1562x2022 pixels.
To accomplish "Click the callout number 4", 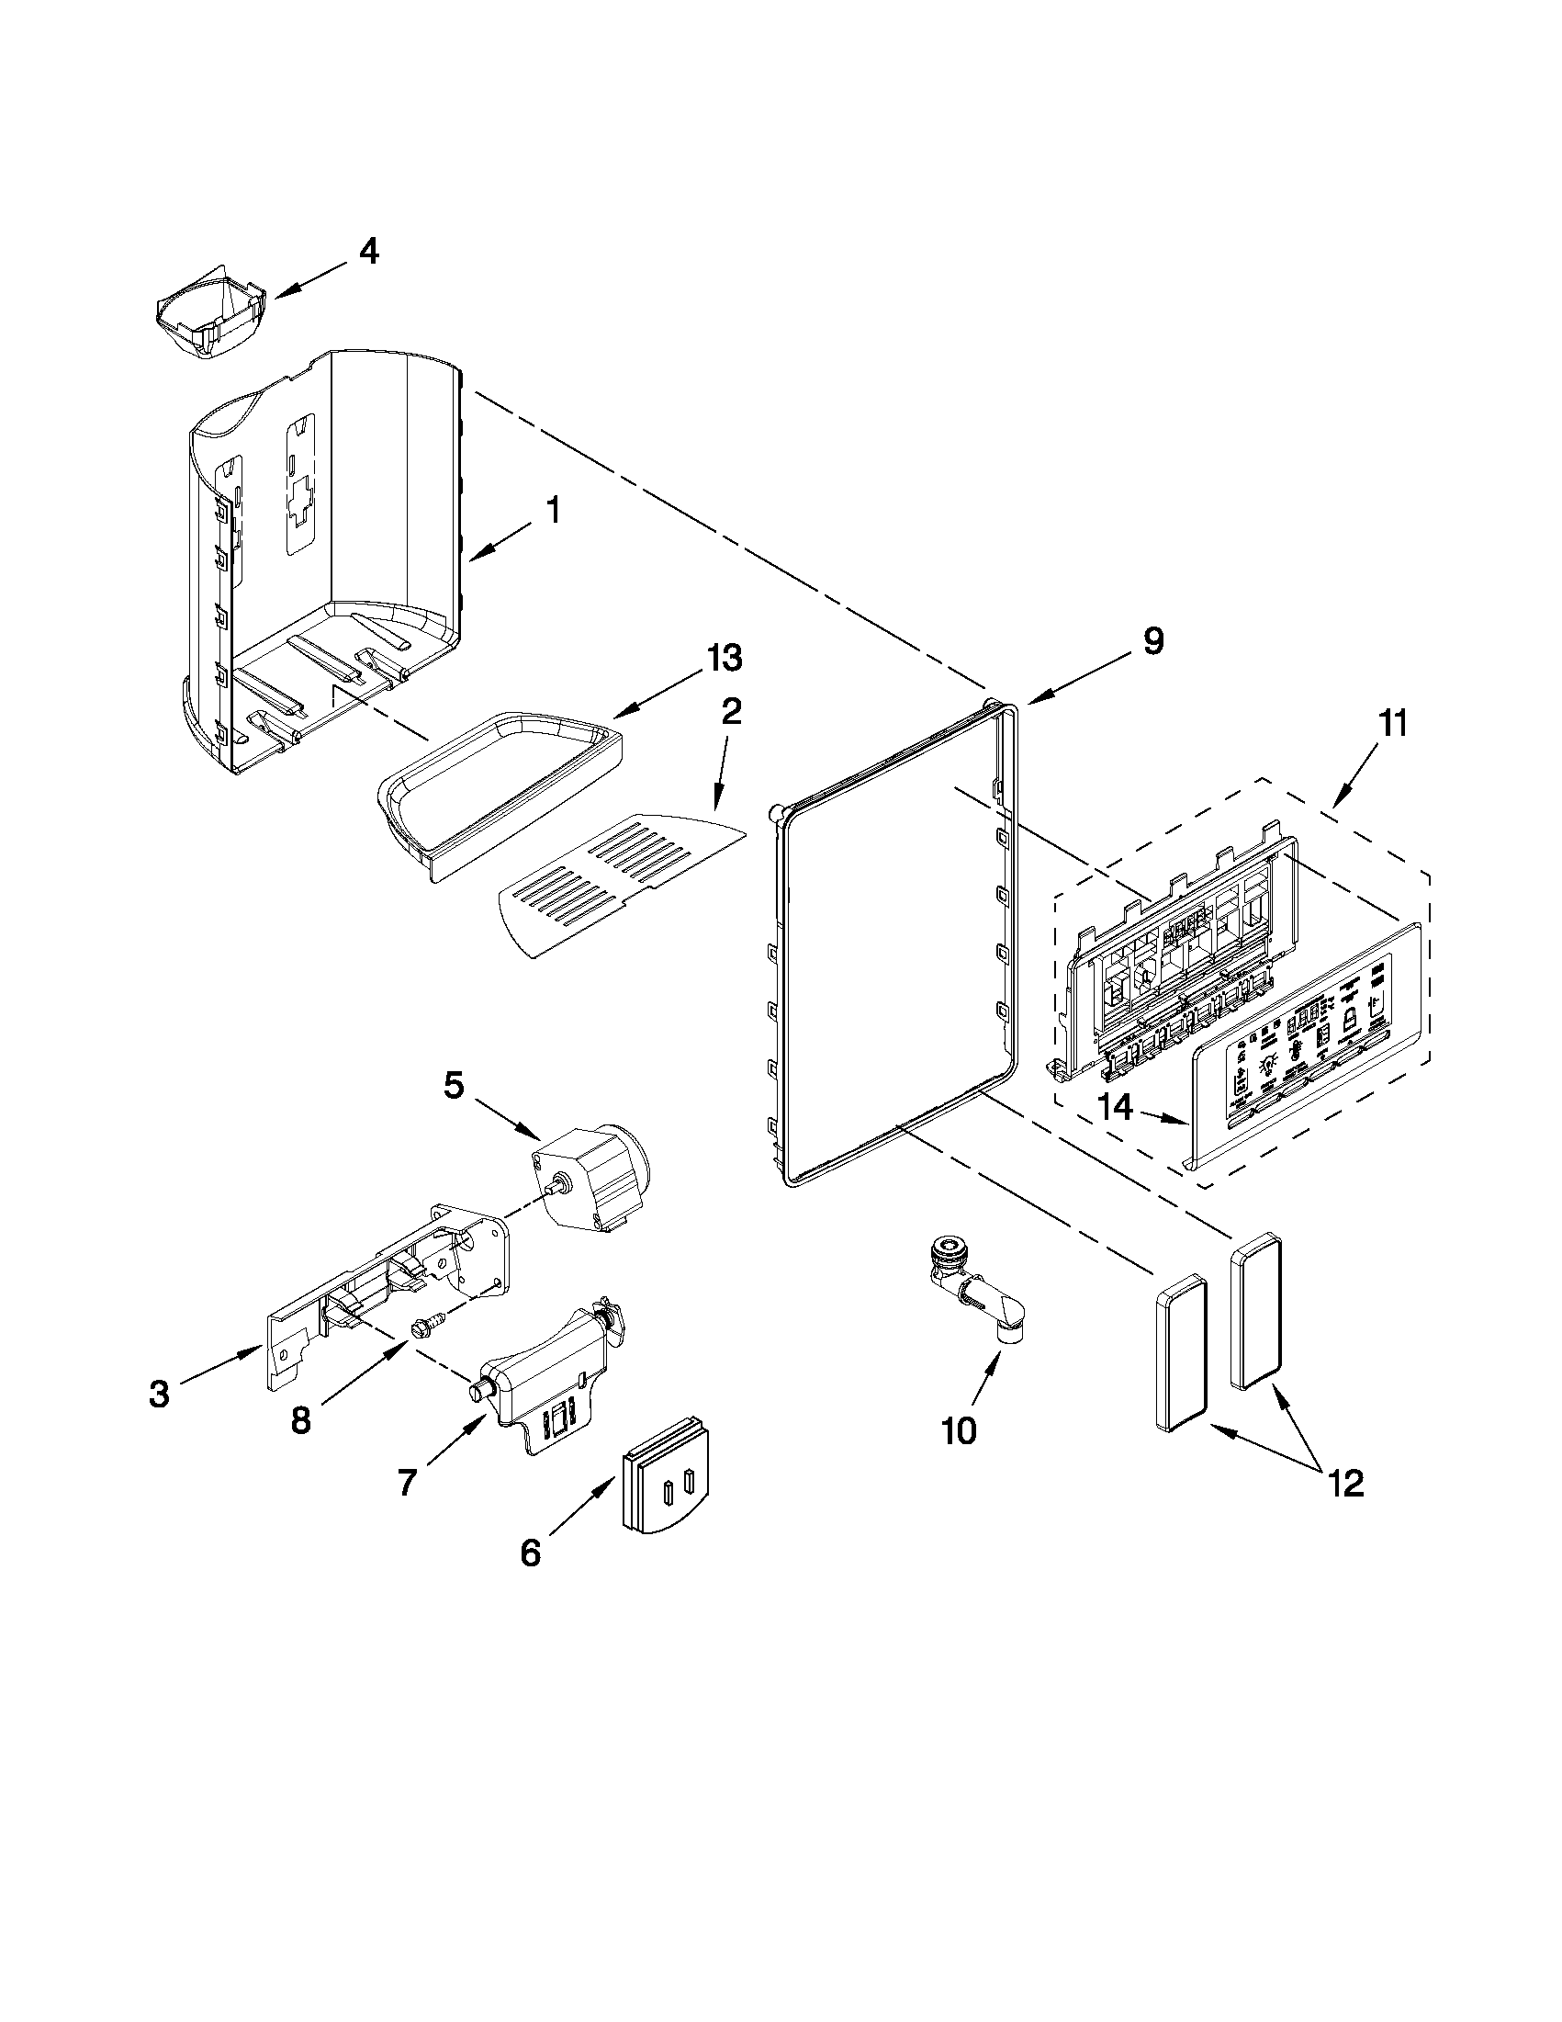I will click(368, 251).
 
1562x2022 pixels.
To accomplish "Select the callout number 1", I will click(553, 509).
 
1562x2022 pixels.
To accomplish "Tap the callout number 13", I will click(724, 659).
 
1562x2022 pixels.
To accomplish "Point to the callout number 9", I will click(1152, 640).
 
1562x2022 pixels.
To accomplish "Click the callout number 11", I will click(1393, 723).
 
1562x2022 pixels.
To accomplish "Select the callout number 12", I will click(1346, 1485).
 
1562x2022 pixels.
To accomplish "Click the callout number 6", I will click(529, 1553).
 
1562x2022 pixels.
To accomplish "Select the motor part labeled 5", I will click(592, 1174).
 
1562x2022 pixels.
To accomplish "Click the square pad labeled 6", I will click(667, 1490).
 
